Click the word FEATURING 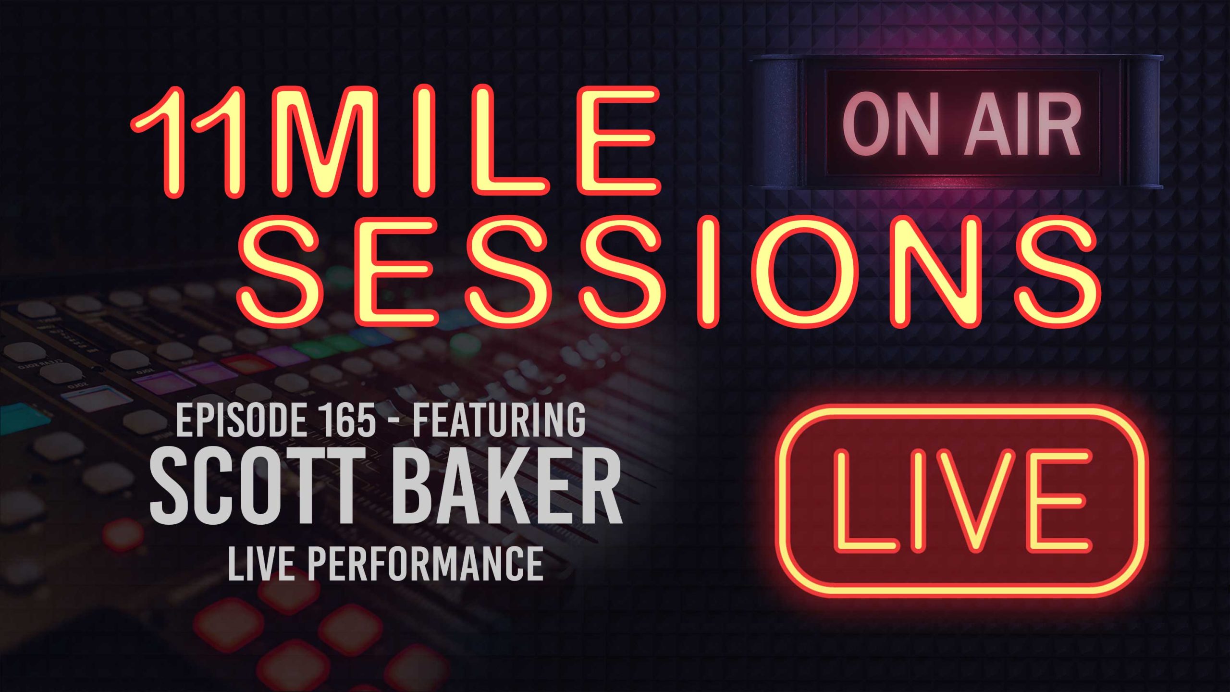(499, 420)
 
